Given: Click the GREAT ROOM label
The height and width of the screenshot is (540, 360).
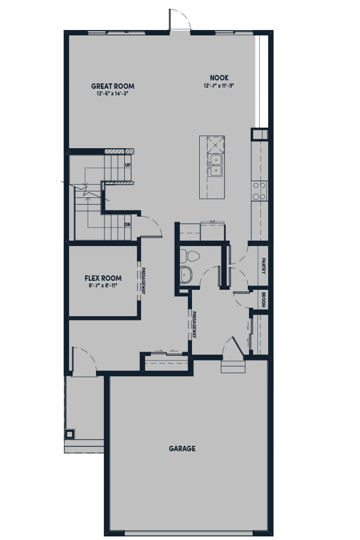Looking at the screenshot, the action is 113,86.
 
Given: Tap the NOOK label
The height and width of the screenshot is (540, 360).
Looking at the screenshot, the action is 219,78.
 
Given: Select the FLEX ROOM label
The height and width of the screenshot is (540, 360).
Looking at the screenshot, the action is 103,278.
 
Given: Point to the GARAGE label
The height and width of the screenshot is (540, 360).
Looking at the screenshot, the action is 182,448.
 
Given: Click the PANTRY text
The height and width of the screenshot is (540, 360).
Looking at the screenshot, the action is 263,266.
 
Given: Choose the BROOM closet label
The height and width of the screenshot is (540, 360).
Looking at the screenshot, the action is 263,300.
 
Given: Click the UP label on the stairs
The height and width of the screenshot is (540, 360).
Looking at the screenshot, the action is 128,166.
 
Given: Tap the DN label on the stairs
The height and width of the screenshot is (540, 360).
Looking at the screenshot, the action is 127,224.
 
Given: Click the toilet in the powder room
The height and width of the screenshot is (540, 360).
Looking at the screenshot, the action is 190,256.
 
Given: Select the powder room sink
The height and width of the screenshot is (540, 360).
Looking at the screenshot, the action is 186,275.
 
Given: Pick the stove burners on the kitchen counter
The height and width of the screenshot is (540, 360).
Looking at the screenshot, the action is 260,191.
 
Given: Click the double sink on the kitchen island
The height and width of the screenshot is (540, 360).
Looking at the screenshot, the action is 215,166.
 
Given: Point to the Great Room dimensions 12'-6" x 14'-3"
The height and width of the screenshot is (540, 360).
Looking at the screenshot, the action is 113,94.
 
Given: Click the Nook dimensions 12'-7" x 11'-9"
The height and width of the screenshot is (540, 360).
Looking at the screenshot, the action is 219,85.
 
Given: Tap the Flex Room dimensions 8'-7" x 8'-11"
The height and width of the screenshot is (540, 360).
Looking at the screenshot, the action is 103,285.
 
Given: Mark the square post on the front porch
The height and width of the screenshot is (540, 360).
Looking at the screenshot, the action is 70,434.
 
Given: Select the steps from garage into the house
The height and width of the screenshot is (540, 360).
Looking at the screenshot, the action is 233,367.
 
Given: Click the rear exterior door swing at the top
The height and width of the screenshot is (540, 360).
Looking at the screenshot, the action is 179,19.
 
